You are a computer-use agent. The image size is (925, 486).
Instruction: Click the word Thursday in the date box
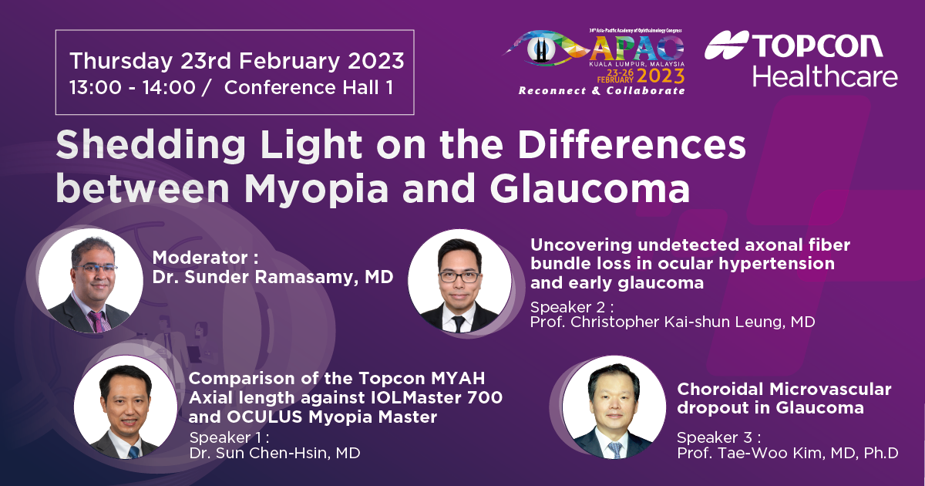coord(121,61)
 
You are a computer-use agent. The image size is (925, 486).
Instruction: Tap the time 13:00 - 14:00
coord(132,88)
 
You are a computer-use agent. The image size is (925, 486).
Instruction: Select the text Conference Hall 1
coord(308,88)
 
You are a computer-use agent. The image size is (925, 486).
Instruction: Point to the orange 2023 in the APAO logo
coord(661,76)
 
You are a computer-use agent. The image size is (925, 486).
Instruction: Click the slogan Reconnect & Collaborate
coord(602,90)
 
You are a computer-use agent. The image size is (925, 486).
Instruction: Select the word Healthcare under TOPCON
coord(825,76)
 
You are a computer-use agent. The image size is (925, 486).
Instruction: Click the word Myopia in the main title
coord(316,190)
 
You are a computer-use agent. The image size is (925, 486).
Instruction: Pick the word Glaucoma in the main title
coord(590,188)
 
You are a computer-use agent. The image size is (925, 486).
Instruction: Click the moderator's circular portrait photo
coord(90,281)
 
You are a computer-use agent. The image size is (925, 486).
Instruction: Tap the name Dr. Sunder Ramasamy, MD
coord(273,277)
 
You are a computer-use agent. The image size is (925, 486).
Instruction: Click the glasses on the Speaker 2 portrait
coord(459,276)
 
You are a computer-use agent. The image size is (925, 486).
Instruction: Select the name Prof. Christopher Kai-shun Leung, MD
coord(672,322)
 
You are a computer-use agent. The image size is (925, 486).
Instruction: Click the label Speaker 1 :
coord(229,437)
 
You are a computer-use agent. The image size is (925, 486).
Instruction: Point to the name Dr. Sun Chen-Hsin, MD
coord(274,453)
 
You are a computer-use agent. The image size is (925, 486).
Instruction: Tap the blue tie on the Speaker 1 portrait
coord(134,452)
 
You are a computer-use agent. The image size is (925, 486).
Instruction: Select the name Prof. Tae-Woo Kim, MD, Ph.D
coord(788,453)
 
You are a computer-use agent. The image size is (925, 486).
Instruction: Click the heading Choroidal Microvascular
coord(784,390)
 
